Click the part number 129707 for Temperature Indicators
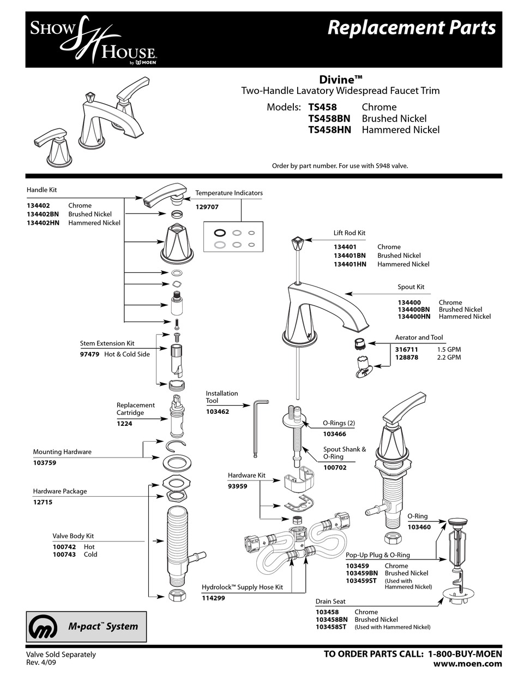pyautogui.click(x=208, y=207)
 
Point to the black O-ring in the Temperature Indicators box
pyautogui.click(x=220, y=232)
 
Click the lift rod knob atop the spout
pyautogui.click(x=297, y=241)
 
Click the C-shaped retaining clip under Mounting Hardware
pyautogui.click(x=177, y=446)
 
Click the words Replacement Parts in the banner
pyautogui.click(x=412, y=28)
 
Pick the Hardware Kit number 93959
pyautogui.click(x=238, y=486)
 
